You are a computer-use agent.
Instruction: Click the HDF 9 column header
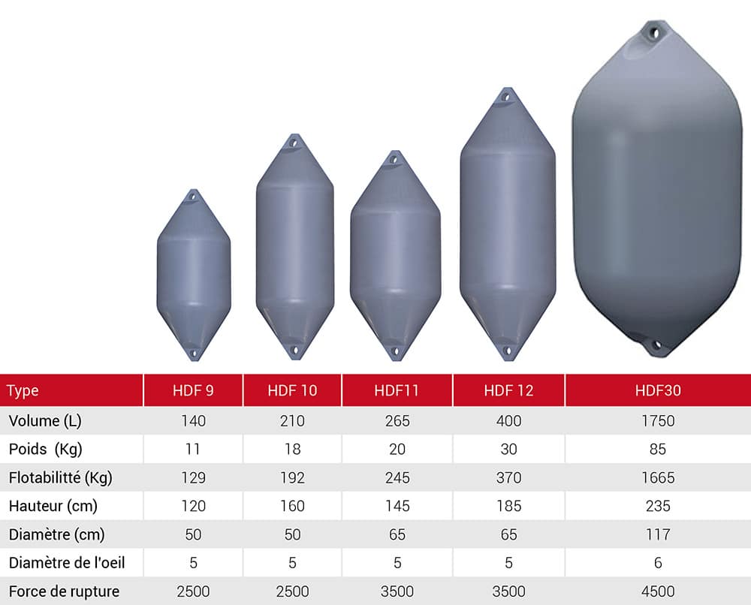pyautogui.click(x=193, y=390)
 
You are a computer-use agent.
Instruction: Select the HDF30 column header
pyautogui.click(x=658, y=390)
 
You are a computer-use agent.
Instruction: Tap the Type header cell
pyautogui.click(x=23, y=391)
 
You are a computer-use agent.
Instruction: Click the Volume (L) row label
pyautogui.click(x=45, y=421)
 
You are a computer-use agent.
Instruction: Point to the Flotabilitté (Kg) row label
pyautogui.click(x=60, y=477)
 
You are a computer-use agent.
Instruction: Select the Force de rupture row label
pyautogui.click(x=64, y=591)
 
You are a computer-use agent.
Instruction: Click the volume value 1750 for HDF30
pyautogui.click(x=658, y=421)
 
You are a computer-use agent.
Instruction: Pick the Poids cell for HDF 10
pyautogui.click(x=292, y=449)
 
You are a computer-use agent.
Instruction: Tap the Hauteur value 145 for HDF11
pyautogui.click(x=397, y=506)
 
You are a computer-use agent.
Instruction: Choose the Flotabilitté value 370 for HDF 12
pyautogui.click(x=508, y=477)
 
